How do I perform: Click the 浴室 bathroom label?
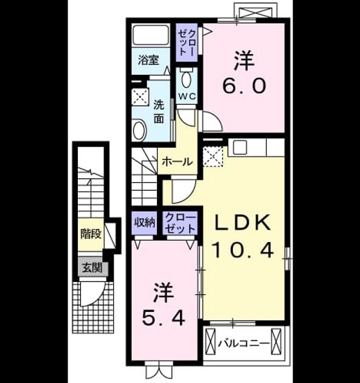[x=148, y=60]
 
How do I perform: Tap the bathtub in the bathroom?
[x=151, y=35]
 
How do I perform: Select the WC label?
[x=187, y=96]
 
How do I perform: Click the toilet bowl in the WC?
[x=187, y=78]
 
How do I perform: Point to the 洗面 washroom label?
[x=159, y=112]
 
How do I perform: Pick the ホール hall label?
[x=178, y=162]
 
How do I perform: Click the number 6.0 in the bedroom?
[x=244, y=86]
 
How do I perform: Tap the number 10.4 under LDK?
[x=243, y=250]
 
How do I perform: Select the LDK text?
[x=243, y=223]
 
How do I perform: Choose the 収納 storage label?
[x=144, y=223]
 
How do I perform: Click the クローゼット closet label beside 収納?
[x=181, y=223]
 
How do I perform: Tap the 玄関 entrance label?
[x=92, y=268]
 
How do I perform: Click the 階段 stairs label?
[x=91, y=234]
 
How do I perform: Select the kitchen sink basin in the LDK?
[x=240, y=147]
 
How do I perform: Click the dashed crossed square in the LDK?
[x=213, y=157]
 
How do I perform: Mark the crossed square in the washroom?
[x=140, y=97]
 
